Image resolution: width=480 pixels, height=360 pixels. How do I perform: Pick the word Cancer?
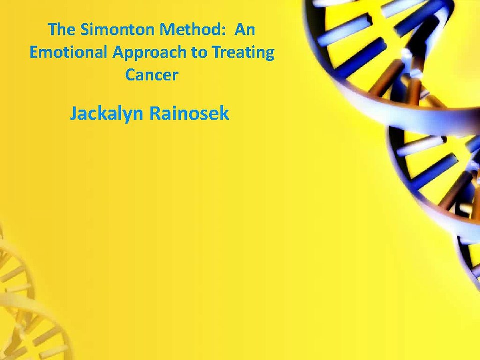click(x=151, y=75)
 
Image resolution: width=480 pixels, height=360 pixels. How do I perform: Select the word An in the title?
click(x=245, y=30)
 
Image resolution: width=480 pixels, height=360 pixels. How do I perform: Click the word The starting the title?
click(x=60, y=30)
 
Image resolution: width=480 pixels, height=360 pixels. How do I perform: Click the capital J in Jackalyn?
click(x=73, y=114)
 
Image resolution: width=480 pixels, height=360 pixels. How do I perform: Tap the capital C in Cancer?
click(x=130, y=75)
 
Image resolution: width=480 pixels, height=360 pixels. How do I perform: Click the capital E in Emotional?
click(x=34, y=52)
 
